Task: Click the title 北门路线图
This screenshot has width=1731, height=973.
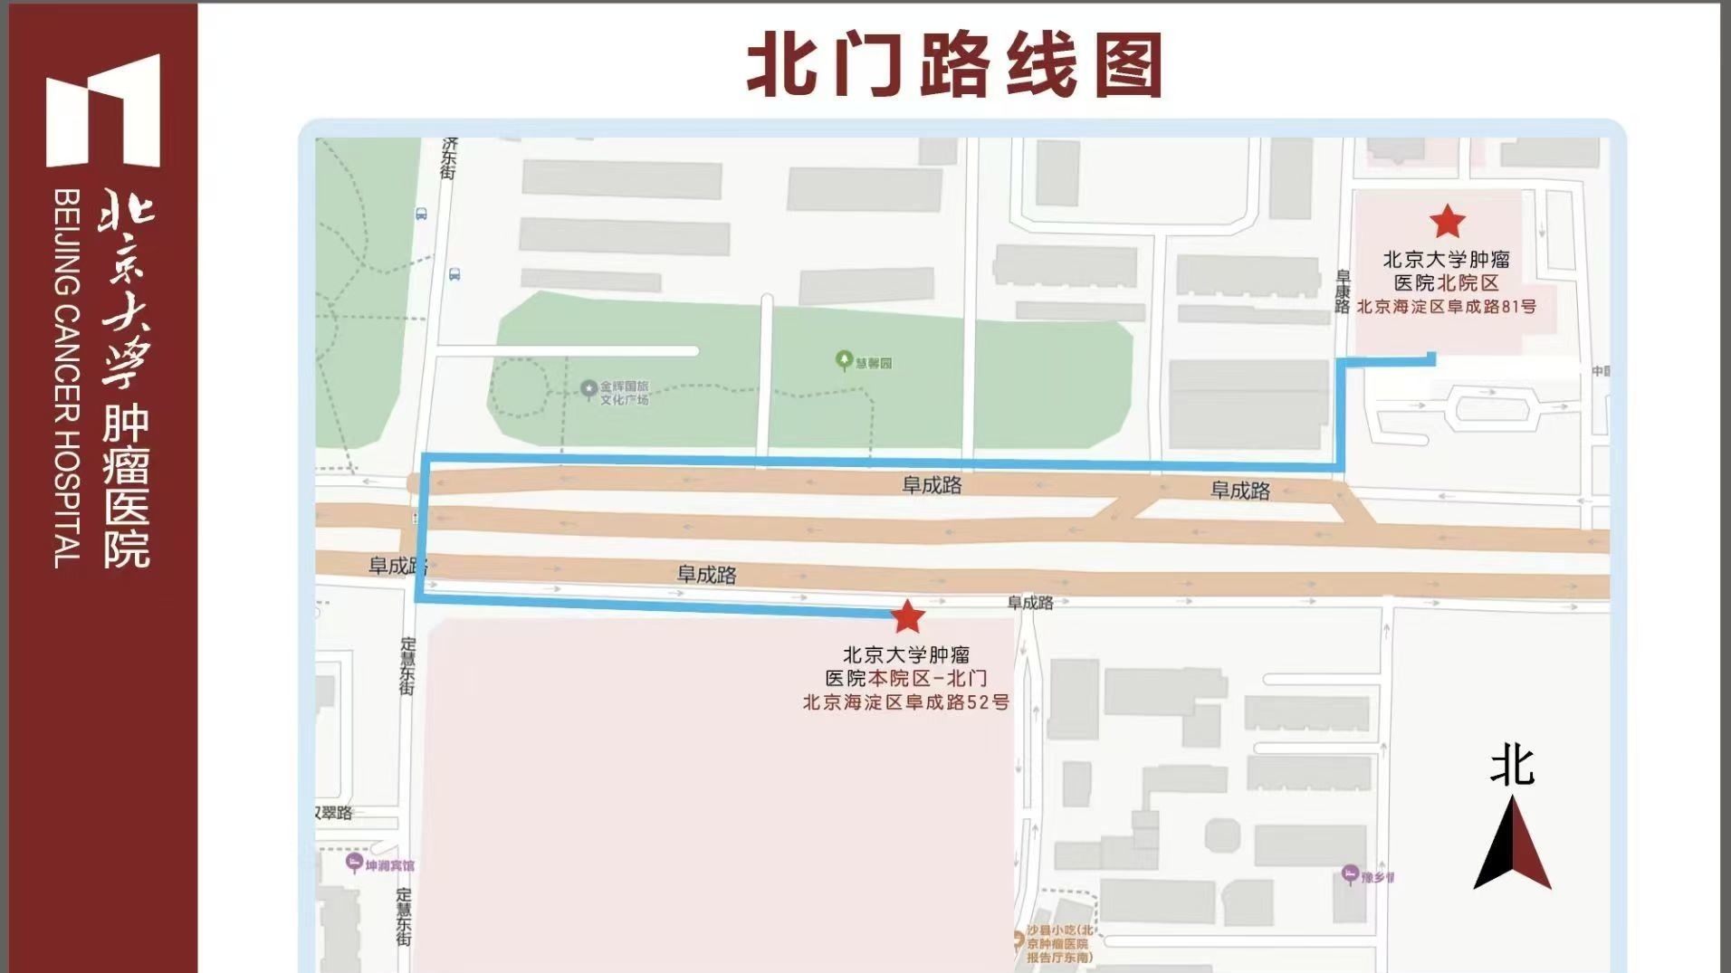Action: coord(954,65)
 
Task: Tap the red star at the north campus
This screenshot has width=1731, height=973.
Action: coord(1447,221)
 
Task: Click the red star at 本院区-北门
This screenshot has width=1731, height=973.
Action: coord(907,617)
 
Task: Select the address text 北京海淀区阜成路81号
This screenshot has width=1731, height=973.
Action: coord(1446,307)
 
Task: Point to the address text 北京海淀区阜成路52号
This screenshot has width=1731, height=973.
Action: coord(905,702)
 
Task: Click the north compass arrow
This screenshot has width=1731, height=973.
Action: coord(1512,843)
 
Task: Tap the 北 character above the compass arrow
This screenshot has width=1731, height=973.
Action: coord(1512,766)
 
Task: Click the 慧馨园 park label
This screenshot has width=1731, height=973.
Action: coord(874,363)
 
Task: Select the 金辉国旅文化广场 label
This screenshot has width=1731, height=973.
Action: coord(624,392)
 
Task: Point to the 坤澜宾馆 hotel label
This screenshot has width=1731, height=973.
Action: coord(390,865)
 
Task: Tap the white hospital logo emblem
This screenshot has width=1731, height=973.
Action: coord(102,110)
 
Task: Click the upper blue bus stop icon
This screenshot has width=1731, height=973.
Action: coord(421,215)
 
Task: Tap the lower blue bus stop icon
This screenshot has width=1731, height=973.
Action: coord(454,273)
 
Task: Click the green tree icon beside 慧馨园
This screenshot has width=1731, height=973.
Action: coord(844,361)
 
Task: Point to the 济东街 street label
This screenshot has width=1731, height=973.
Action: coord(448,158)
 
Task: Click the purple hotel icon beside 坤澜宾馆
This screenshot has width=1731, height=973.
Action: coord(355,863)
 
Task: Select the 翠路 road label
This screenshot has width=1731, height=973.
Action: coord(334,813)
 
